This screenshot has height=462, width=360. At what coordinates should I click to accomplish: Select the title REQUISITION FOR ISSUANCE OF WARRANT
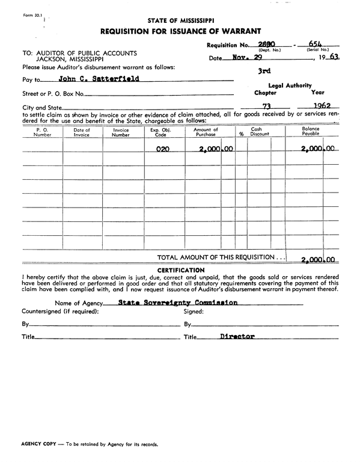click(180, 31)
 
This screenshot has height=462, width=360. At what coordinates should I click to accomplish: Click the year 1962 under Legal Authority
click(319, 106)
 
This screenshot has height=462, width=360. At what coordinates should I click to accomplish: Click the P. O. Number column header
click(42, 132)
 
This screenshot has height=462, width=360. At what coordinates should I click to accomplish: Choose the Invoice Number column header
click(121, 132)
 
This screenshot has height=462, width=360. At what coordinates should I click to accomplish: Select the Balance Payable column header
click(311, 132)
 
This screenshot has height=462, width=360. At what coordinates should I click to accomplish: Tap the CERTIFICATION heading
click(180, 269)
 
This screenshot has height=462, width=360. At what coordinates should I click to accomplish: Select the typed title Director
click(237, 336)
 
